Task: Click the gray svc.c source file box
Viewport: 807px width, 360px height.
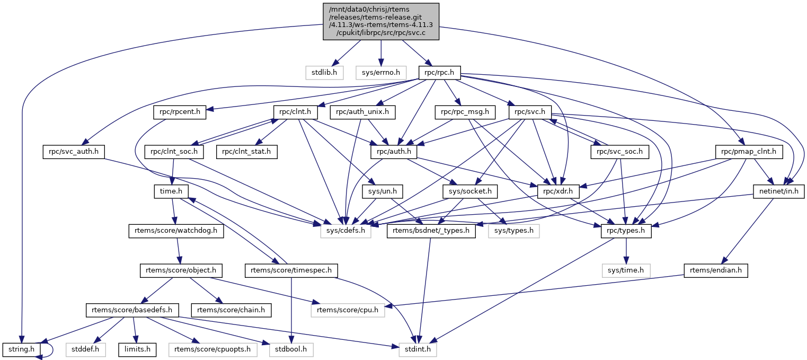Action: click(381, 21)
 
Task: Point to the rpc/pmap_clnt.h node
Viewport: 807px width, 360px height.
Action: click(749, 152)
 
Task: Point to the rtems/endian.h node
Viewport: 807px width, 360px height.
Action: click(716, 270)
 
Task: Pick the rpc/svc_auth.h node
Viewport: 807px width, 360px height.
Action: click(73, 152)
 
